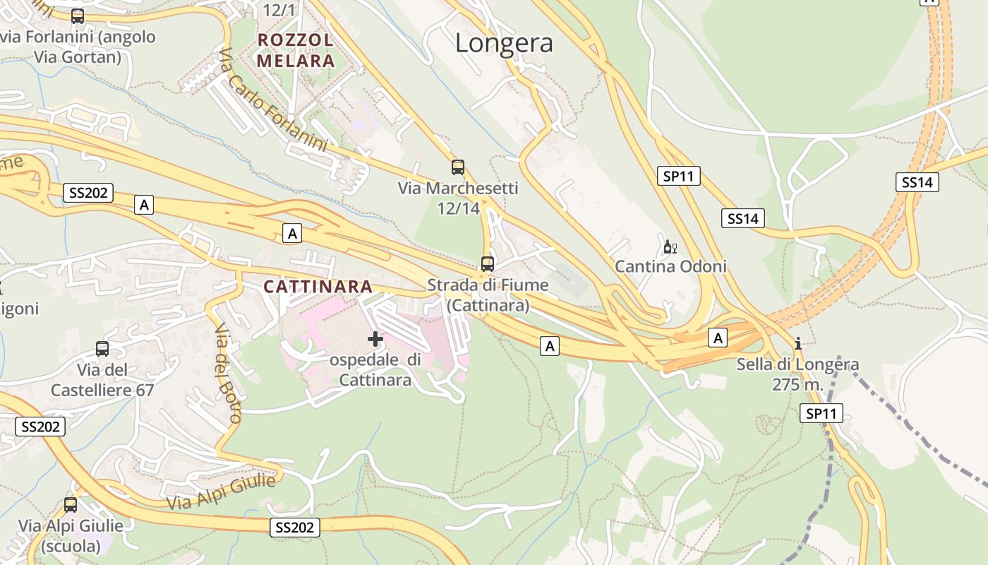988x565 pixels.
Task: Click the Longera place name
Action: point(504,43)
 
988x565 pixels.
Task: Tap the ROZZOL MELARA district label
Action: point(295,50)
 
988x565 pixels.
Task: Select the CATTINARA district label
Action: point(318,286)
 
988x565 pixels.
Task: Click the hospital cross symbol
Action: point(375,339)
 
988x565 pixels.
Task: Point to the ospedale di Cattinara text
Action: point(375,369)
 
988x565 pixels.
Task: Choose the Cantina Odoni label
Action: point(670,266)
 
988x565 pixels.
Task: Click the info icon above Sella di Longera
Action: point(798,343)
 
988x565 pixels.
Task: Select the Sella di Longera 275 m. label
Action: point(798,374)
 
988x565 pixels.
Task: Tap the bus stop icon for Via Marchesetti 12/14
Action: point(458,167)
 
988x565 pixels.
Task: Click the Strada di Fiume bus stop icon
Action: point(488,264)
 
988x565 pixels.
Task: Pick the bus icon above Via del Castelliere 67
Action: point(102,349)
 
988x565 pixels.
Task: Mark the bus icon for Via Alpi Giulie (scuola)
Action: point(71,505)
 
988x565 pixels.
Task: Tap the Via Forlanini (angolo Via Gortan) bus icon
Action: point(78,16)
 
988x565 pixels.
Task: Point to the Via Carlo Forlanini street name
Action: point(272,100)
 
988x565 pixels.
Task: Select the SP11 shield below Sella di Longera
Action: point(821,413)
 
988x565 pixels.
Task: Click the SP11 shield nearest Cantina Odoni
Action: point(679,176)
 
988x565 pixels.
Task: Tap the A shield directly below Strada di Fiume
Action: point(550,345)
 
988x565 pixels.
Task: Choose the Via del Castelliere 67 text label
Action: point(102,379)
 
